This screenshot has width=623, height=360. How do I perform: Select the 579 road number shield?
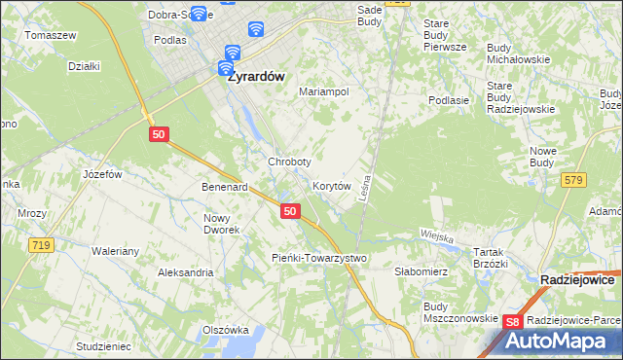point(573,179)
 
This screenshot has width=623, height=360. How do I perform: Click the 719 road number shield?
point(40,245)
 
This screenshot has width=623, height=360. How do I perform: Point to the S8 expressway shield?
point(515,321)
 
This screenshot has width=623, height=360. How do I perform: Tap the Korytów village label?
point(331,185)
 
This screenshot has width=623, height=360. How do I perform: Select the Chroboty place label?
point(289,162)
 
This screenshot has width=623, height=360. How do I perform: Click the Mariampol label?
point(323,91)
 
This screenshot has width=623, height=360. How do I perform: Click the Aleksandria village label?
point(186,272)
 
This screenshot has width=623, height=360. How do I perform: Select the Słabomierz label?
point(421,271)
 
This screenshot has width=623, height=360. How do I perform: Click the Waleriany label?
point(116,251)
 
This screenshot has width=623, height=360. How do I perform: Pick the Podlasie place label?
point(450,99)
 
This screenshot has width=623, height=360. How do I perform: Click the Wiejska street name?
point(438,234)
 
